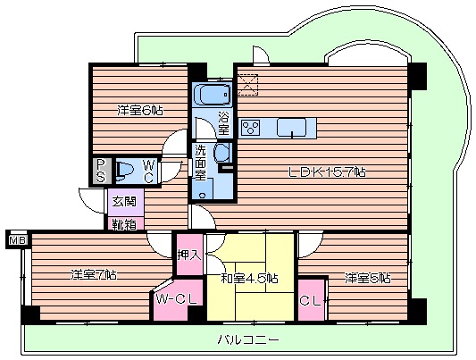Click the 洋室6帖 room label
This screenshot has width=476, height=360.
[x=139, y=111]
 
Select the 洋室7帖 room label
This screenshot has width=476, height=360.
[x=94, y=274]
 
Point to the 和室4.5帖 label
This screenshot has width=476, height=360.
[x=248, y=278]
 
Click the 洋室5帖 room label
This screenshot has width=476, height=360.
[x=368, y=278]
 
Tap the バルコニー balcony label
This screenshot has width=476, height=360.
[x=248, y=340]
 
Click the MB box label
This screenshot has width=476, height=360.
[x=15, y=239]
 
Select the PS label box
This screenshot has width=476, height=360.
[x=101, y=169]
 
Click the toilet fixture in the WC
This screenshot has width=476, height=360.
[x=126, y=169]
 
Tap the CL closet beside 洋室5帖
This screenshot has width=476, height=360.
[x=312, y=302]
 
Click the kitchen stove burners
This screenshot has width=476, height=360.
[x=251, y=128]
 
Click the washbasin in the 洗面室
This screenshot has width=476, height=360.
[x=221, y=154]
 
